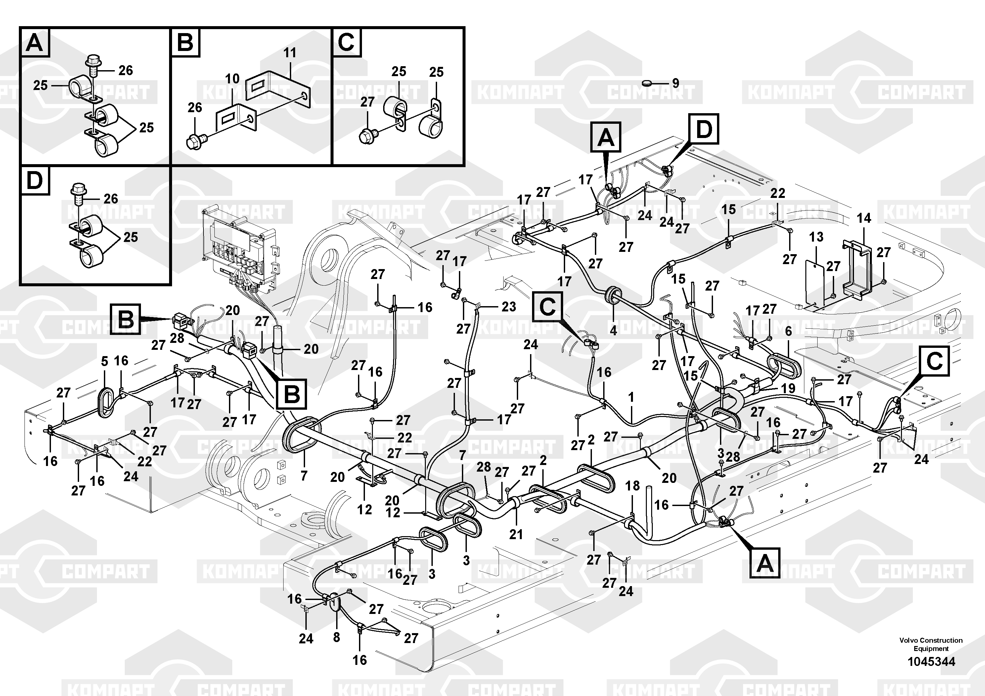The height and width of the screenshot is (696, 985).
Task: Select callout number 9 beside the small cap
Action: click(x=676, y=83)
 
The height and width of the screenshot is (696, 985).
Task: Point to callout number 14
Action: click(x=864, y=218)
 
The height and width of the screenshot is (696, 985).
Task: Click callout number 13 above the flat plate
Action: click(x=816, y=237)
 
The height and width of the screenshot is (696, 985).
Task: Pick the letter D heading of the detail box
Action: click(x=34, y=181)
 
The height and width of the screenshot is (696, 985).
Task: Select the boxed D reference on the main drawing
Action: click(x=703, y=129)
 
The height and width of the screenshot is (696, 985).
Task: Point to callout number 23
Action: click(x=509, y=307)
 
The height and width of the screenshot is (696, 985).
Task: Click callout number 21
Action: click(x=516, y=534)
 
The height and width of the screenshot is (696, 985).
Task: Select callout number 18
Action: click(x=632, y=486)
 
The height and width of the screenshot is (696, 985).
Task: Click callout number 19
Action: click(x=788, y=388)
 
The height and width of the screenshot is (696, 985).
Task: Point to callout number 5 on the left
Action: click(x=105, y=361)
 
